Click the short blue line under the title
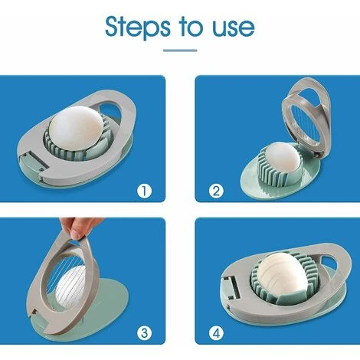coord(180,51)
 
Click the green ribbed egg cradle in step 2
coord(264,172)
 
